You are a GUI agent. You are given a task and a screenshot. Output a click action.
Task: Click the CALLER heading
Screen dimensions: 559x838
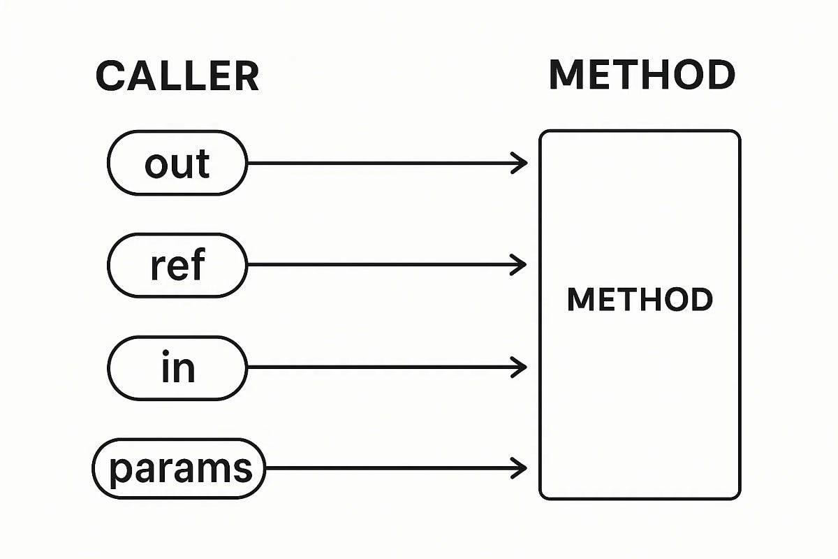pyautogui.click(x=177, y=76)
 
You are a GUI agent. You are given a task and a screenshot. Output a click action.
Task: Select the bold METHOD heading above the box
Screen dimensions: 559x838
pyautogui.click(x=642, y=74)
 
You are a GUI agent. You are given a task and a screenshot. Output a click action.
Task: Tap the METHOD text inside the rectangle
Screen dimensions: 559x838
pyautogui.click(x=640, y=300)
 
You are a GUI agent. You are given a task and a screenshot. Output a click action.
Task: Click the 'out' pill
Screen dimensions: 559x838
pyautogui.click(x=177, y=163)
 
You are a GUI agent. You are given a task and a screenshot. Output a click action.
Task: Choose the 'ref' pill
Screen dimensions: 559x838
pyautogui.click(x=177, y=266)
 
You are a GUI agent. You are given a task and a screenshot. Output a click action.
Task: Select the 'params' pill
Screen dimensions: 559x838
pyautogui.click(x=179, y=468)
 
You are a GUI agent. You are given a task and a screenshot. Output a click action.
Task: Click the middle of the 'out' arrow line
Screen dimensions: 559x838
pyautogui.click(x=385, y=164)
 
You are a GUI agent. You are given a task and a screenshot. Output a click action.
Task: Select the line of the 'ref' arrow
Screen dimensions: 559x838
pyautogui.click(x=385, y=266)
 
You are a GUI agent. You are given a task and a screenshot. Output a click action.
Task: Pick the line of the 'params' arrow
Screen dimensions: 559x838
pyautogui.click(x=395, y=467)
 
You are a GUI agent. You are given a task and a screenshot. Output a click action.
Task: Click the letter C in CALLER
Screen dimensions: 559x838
pyautogui.click(x=110, y=76)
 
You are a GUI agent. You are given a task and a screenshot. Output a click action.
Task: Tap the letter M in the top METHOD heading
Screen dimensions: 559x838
pyautogui.click(x=566, y=74)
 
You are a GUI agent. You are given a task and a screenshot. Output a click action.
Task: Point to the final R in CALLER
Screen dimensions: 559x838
pyautogui.click(x=247, y=76)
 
